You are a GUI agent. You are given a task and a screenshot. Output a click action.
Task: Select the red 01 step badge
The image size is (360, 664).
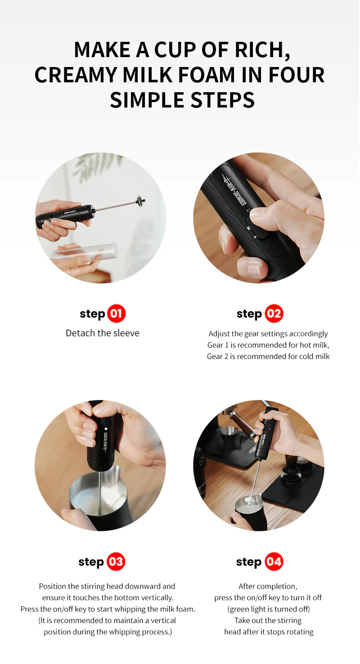(117, 314)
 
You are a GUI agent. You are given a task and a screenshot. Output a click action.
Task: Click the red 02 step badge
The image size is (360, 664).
(274, 314)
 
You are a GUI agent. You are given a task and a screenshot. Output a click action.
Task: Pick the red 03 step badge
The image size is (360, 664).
(116, 562)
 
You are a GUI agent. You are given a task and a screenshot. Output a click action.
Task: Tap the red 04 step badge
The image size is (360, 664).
(274, 562)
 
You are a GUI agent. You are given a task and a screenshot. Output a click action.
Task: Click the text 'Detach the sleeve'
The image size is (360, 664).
(103, 333)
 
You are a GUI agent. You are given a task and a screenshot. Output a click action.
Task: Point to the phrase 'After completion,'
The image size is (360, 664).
(268, 586)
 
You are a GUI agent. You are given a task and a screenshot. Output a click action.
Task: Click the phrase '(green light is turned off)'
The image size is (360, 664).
(269, 609)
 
